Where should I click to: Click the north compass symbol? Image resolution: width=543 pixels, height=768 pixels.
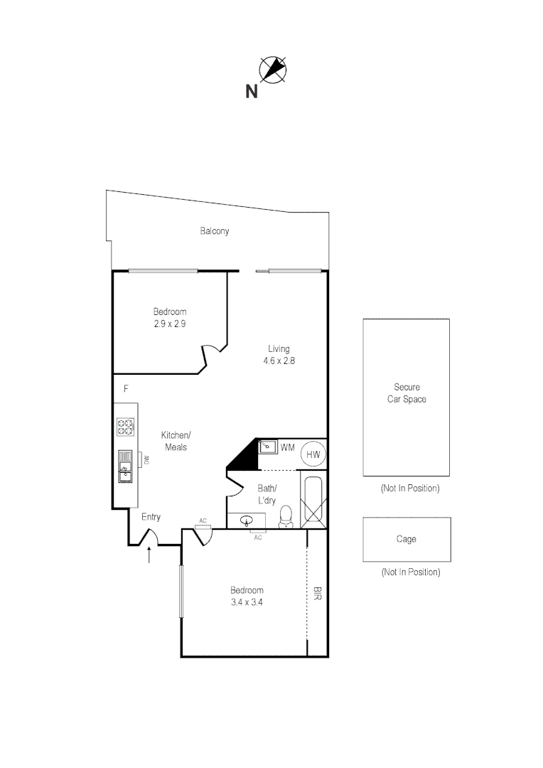(x=272, y=69)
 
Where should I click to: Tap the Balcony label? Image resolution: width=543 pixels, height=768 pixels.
(x=214, y=231)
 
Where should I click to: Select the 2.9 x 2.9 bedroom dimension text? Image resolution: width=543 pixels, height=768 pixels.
(x=170, y=324)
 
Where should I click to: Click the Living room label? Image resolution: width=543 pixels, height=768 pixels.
(x=279, y=348)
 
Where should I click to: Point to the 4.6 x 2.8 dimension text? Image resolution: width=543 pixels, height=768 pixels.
(x=279, y=361)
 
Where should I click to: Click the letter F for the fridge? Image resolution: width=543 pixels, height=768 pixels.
(x=126, y=389)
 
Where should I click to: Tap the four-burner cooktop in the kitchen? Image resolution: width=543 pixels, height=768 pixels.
(x=126, y=427)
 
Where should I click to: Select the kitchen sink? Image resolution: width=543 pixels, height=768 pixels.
(x=125, y=466)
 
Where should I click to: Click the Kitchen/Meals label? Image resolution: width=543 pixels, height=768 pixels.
(x=176, y=441)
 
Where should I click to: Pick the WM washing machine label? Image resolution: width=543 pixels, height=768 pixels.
(x=287, y=447)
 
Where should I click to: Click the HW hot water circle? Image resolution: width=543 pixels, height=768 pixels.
(x=313, y=453)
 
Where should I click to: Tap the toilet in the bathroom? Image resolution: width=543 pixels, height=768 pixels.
(x=286, y=517)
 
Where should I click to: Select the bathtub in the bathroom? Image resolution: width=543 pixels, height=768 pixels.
(x=313, y=501)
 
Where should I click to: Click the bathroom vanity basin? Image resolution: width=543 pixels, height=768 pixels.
(x=248, y=521)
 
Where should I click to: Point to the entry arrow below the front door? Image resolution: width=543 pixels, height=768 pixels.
(x=150, y=555)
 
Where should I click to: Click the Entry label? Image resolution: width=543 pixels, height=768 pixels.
(x=151, y=517)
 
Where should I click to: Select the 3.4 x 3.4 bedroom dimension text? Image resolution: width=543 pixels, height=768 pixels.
(x=247, y=602)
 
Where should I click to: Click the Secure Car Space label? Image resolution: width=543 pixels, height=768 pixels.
(x=406, y=393)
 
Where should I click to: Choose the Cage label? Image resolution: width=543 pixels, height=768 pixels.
(x=406, y=539)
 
